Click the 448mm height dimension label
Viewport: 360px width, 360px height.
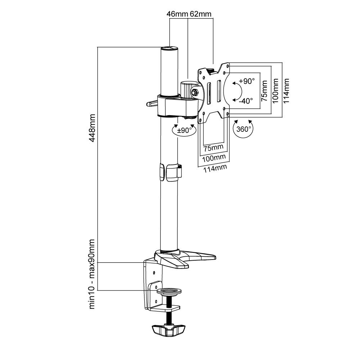pos(92,128)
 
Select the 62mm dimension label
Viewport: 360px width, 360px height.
pos(201,14)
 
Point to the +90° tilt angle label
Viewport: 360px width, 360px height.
pos(247,81)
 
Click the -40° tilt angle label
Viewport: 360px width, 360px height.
pos(246,100)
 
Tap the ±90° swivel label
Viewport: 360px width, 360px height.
pos(184,130)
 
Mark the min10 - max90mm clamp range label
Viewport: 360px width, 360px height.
pos(92,274)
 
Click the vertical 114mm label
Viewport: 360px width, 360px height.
pos(286,91)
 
